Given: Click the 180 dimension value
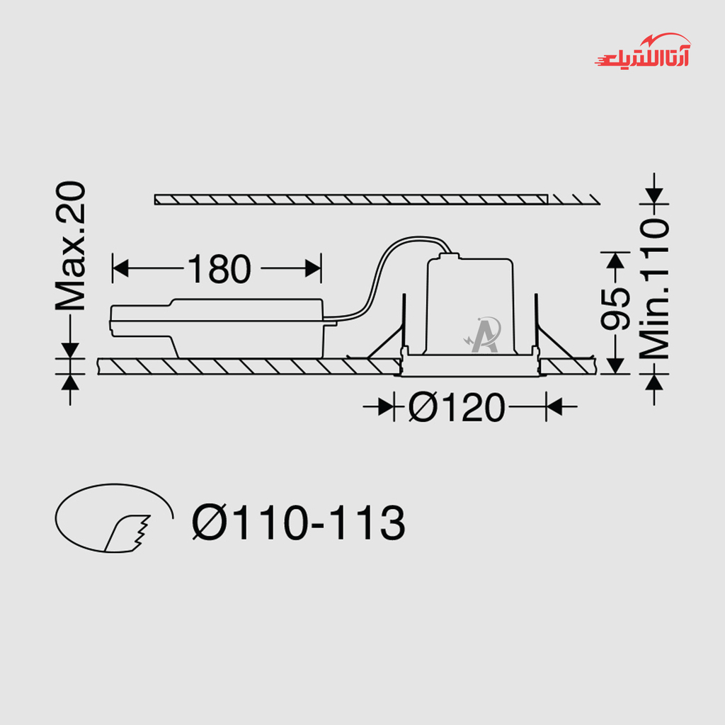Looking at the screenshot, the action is coord(219,268).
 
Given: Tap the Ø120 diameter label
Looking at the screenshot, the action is coord(457,407).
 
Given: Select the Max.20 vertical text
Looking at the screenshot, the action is coord(71,246).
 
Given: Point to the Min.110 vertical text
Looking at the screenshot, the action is coord(654,289).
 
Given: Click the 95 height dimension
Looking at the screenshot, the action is coord(615,309).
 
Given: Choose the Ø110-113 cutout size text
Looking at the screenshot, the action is coord(299,523).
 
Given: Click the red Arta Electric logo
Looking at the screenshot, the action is coord(643,51).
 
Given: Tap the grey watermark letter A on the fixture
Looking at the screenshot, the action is coord(484,335).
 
